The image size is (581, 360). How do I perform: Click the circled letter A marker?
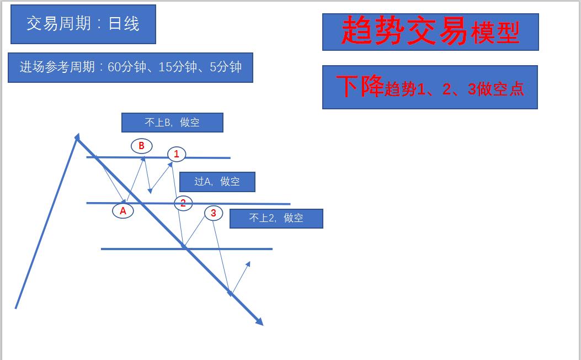pos(123,210)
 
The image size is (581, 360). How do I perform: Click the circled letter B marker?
pos(141,146)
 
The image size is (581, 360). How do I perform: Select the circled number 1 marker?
pos(177,154)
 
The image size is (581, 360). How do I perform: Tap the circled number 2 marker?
pos(183,203)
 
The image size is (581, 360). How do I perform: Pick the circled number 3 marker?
pos(214,213)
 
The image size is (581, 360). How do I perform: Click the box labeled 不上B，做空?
pos(172,123)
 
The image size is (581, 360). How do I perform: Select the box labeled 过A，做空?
pos(217,182)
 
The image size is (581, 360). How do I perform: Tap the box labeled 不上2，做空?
pos(276,218)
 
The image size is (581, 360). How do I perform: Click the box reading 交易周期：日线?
pos(83,24)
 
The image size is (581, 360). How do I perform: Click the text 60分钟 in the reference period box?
pos(127,67)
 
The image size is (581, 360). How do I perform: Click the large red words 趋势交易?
pos(405,31)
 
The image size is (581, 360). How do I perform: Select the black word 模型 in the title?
pos(495,34)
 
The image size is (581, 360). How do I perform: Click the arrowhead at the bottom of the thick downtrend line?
pos(259,321)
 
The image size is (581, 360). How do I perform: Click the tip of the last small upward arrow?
pos(249,262)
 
